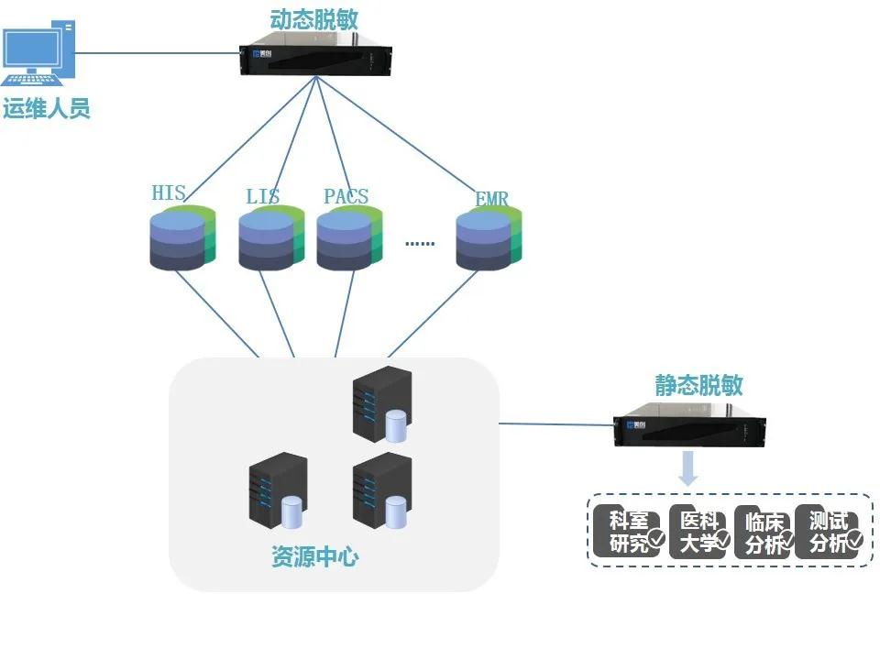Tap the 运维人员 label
[47, 109]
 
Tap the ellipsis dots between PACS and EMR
[420, 244]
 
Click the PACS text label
[346, 196]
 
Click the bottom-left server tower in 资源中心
[276, 493]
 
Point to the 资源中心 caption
[315, 556]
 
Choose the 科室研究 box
[628, 532]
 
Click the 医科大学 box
[699, 532]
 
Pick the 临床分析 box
[764, 532]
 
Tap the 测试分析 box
[829, 532]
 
